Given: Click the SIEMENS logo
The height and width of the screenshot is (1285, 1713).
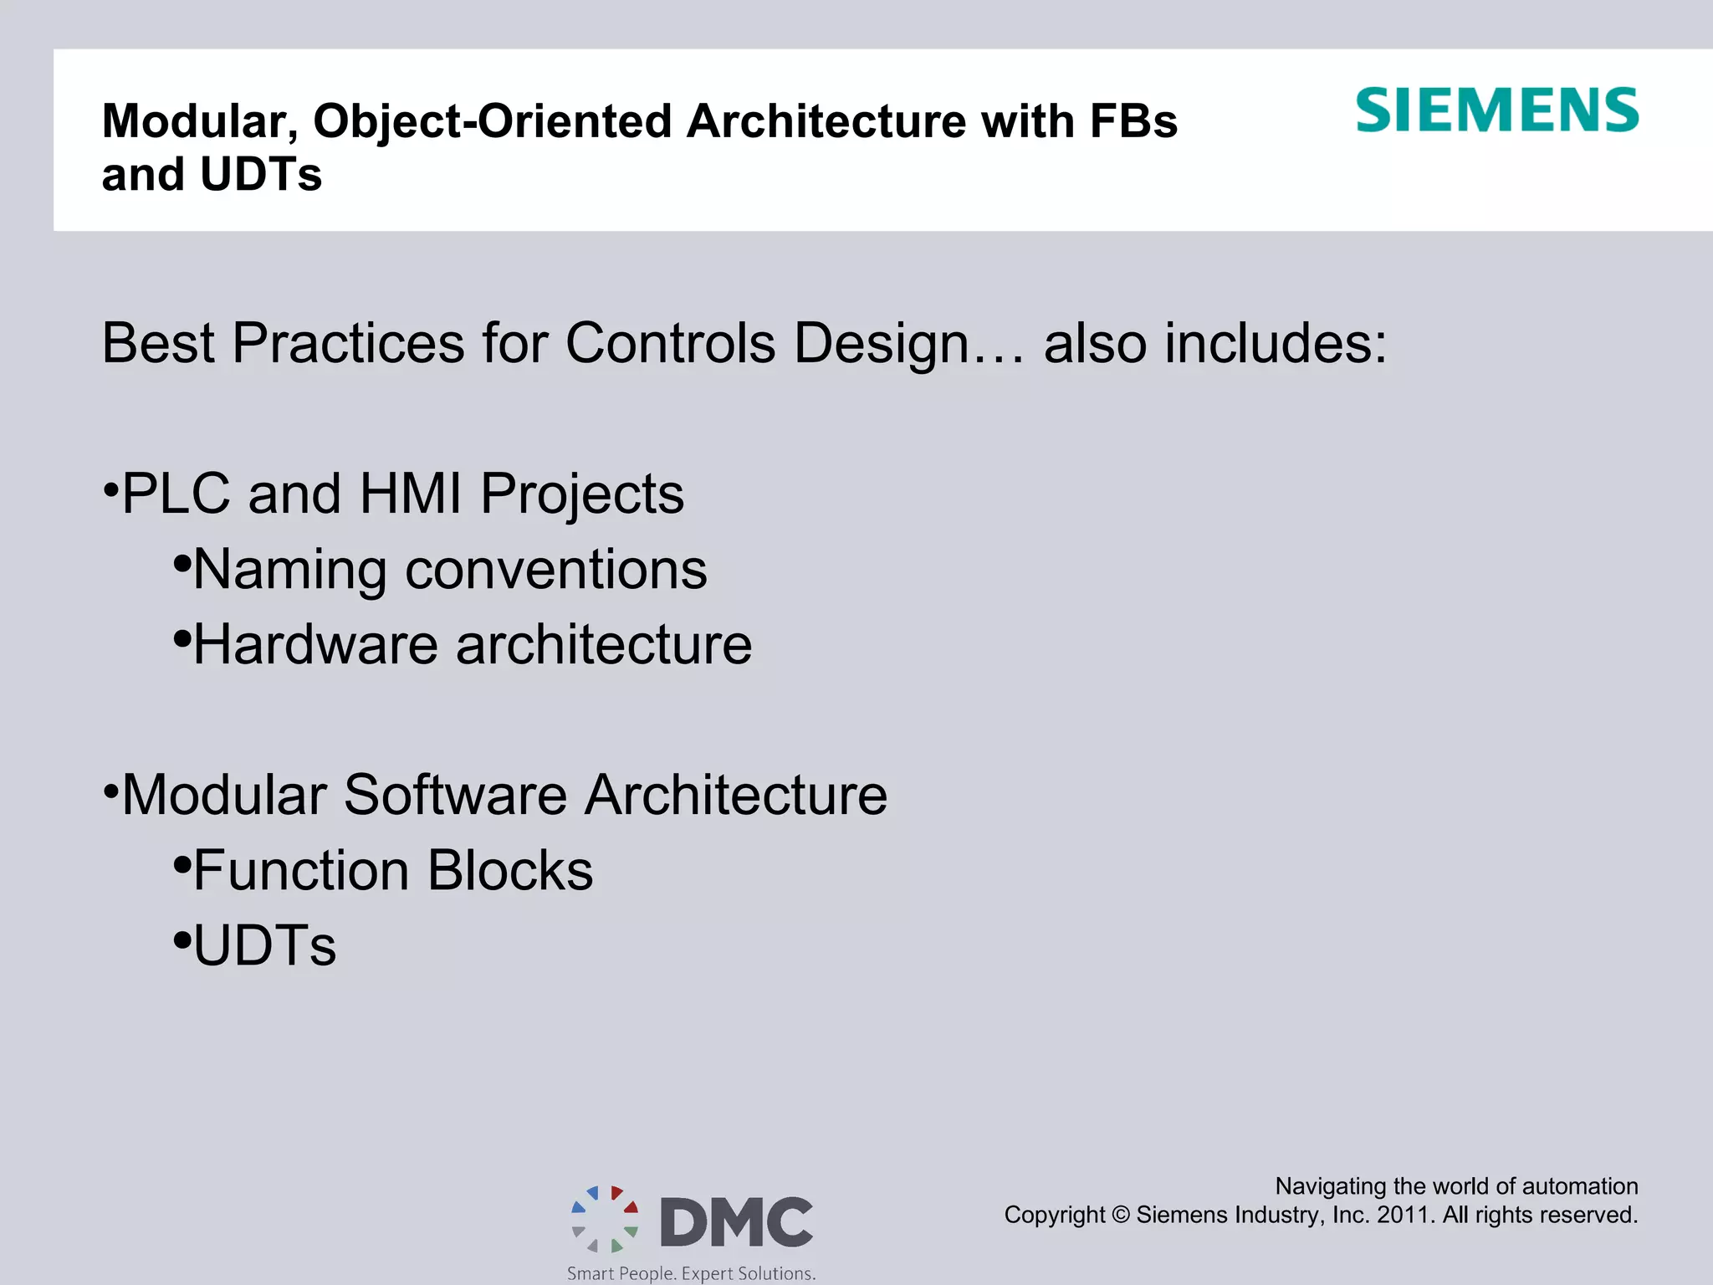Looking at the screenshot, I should tap(1496, 110).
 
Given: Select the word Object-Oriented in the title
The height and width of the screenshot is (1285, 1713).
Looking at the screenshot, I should tap(493, 121).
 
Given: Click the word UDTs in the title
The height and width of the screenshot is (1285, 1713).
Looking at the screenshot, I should tap(261, 175).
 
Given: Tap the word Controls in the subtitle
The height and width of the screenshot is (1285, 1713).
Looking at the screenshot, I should tap(671, 343).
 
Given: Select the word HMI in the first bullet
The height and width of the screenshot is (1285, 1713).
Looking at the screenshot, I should tap(410, 494).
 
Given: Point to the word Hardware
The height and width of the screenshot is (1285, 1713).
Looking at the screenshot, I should tap(315, 645).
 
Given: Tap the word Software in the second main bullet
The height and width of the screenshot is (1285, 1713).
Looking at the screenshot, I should tap(455, 795).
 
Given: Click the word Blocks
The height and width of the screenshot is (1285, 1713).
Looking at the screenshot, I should tap(509, 871).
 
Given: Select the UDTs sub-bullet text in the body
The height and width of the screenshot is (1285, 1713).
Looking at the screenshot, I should tap(264, 946).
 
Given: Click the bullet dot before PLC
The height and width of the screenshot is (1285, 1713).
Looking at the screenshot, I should tap(111, 489).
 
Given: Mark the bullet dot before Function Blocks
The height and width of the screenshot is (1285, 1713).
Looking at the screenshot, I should tap(182, 865).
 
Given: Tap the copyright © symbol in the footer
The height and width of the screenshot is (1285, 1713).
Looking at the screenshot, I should tap(1121, 1215).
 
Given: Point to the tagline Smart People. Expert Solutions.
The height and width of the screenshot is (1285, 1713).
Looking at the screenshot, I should tap(691, 1273).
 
